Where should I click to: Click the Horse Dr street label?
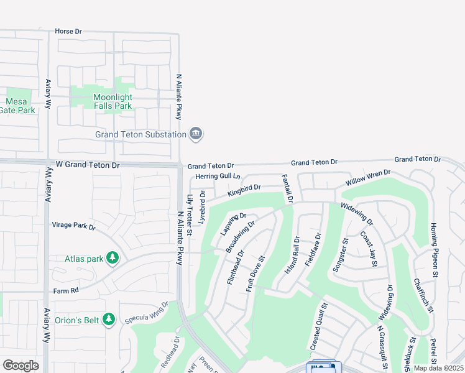[68, 30]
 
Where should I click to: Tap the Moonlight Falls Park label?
[113, 101]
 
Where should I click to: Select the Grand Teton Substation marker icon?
[196, 134]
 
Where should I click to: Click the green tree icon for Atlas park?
[113, 257]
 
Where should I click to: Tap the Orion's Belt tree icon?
[109, 320]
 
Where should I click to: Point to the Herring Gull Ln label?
[218, 177]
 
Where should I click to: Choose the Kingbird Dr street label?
[244, 190]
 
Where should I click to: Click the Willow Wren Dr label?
[368, 179]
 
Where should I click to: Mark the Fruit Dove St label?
[256, 274]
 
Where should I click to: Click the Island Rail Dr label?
[292, 256]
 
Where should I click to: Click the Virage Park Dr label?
[73, 226]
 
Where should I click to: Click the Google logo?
[21, 365]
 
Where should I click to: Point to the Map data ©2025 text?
[437, 368]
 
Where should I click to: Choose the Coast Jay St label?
[369, 250]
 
